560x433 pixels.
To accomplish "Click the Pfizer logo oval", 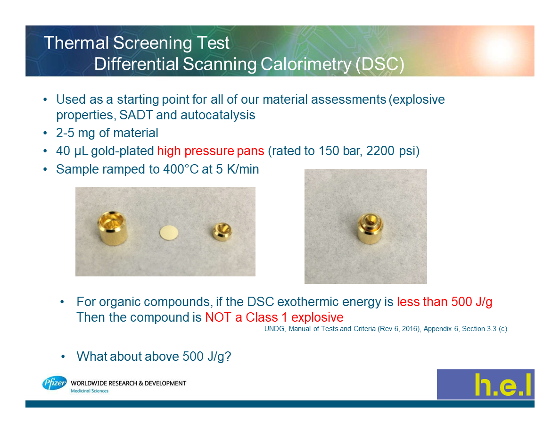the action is click(x=54, y=383).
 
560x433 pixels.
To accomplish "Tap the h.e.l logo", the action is click(x=486, y=384).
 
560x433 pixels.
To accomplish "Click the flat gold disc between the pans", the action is click(x=169, y=233).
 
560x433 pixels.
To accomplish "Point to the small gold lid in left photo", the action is click(x=222, y=232).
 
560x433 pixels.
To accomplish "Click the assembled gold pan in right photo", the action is click(x=371, y=229).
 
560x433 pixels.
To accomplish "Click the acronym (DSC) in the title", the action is click(x=379, y=64).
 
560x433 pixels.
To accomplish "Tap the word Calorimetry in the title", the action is click(x=306, y=64).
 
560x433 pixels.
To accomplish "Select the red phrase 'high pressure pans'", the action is click(x=211, y=151).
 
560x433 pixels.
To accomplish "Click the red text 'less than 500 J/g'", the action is click(x=445, y=301).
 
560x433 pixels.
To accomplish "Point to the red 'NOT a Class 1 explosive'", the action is click(x=274, y=317).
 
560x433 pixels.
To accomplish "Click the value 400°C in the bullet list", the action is click(x=181, y=169).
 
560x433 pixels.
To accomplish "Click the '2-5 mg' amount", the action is click(x=75, y=133).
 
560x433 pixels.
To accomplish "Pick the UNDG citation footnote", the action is click(x=386, y=329).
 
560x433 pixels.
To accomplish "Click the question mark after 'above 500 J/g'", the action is click(x=228, y=356).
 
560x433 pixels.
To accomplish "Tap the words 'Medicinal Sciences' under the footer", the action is click(x=90, y=391).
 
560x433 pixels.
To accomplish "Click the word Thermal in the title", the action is click(x=76, y=43).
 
